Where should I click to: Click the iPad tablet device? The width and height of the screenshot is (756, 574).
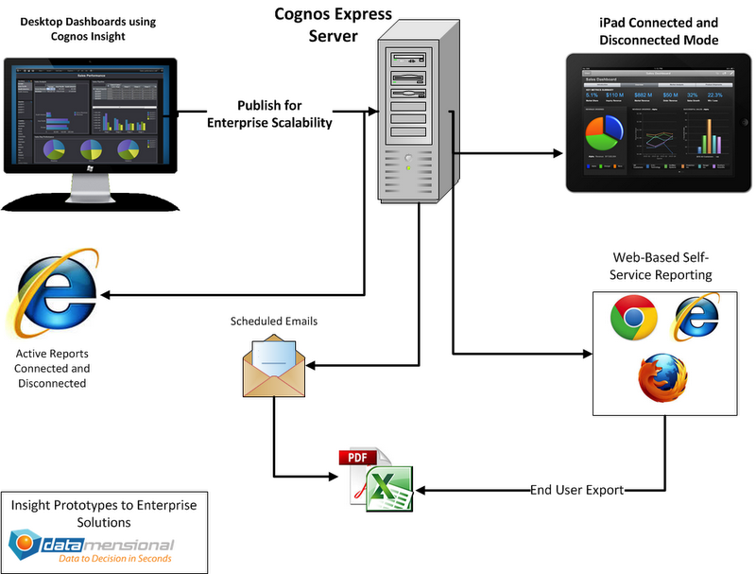(x=660, y=123)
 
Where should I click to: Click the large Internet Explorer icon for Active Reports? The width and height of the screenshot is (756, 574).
(x=52, y=293)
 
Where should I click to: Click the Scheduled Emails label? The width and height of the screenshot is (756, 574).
(x=274, y=322)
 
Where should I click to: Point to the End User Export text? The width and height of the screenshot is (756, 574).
(x=577, y=491)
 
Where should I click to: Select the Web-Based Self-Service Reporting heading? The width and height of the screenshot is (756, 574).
(x=662, y=265)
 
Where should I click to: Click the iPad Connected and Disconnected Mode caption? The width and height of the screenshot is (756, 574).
(x=658, y=31)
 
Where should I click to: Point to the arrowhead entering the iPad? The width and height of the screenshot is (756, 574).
(x=558, y=153)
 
